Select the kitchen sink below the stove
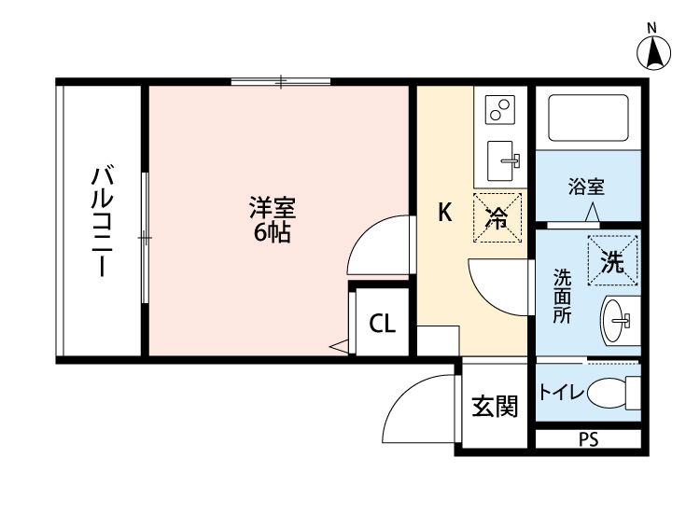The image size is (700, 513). click(x=505, y=161)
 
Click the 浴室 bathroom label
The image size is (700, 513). click(x=586, y=186)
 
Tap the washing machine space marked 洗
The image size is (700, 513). click(x=611, y=262)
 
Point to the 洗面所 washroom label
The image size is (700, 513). click(x=563, y=296)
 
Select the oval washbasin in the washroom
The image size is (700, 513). click(x=616, y=321)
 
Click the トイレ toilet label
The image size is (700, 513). click(x=563, y=394)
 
